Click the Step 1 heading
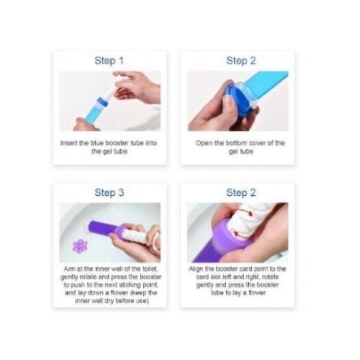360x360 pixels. click(x=109, y=61)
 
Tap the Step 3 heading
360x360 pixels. click(x=109, y=193)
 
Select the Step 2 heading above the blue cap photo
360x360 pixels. click(x=241, y=61)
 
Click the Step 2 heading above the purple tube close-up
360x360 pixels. click(x=241, y=193)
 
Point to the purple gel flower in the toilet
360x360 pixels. click(x=80, y=246)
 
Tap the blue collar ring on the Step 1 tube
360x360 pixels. click(x=102, y=102)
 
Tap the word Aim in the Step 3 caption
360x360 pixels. click(x=69, y=268)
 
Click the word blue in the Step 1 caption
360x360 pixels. click(x=97, y=143)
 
